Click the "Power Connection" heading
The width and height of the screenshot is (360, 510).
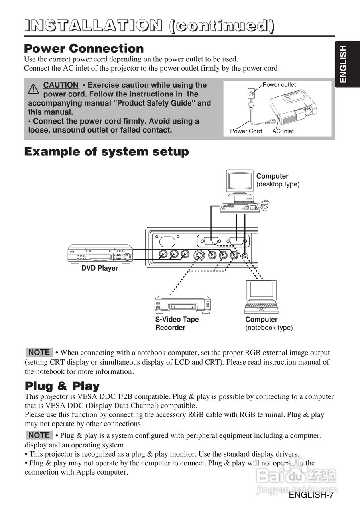[84, 49]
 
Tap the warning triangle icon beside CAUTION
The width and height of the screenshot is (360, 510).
[33, 89]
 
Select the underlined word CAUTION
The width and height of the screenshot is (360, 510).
[61, 85]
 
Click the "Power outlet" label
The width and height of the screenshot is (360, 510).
[279, 85]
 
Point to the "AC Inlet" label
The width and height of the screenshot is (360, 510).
[283, 131]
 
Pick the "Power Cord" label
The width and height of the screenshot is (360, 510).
[246, 131]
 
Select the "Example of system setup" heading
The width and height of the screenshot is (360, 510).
[106, 152]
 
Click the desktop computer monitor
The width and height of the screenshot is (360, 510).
[240, 182]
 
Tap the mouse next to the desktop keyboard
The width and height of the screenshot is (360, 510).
[265, 208]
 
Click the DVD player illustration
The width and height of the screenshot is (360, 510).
[100, 253]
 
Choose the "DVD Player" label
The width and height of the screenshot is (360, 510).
[100, 268]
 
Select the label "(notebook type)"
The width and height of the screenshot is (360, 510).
[269, 328]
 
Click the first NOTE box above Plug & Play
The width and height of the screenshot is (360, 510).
[39, 352]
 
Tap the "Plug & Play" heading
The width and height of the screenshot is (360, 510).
[62, 386]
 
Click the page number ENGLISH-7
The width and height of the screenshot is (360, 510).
[311, 495]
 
